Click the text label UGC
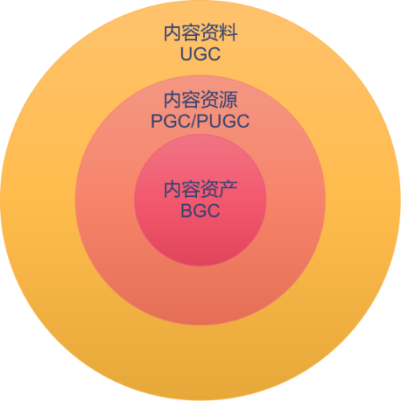(200, 54)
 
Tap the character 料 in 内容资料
(228, 33)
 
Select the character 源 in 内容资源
(228, 100)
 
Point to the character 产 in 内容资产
(228, 189)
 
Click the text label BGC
(200, 210)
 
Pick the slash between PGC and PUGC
(194, 121)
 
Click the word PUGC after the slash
(223, 121)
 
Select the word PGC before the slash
(171, 121)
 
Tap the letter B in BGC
(186, 210)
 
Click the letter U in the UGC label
(186, 54)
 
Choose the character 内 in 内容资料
(173, 33)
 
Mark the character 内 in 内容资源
(173, 100)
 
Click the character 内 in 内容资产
(173, 189)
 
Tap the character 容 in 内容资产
(191, 189)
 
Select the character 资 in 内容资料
(210, 33)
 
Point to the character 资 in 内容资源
(210, 100)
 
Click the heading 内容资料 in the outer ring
(200, 33)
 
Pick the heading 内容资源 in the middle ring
(200, 100)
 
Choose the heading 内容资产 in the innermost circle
(200, 189)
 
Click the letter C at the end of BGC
(214, 210)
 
